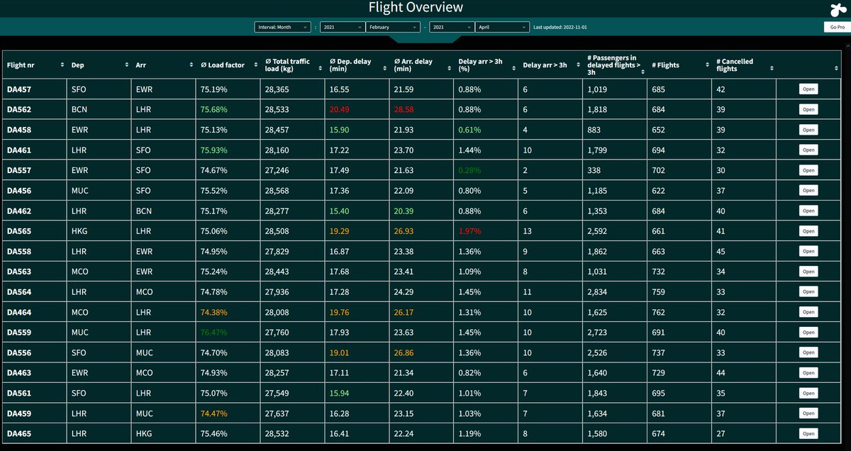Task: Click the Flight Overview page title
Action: pos(416,8)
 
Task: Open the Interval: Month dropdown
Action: pos(282,27)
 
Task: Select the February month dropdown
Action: pos(394,27)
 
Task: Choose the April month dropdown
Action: pos(502,27)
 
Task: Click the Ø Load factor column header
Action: pos(223,65)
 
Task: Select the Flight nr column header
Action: pos(26,65)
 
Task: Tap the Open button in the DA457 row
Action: pos(808,89)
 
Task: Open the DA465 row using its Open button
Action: pos(808,433)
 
